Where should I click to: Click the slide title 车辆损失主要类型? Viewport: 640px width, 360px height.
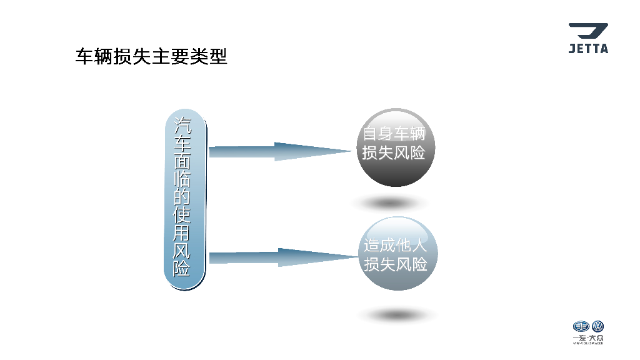pos(151,57)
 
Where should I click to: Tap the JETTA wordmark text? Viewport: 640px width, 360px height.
pos(587,49)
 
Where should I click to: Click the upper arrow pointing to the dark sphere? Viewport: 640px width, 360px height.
pos(279,151)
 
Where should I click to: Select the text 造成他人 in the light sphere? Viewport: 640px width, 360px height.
pos(396,246)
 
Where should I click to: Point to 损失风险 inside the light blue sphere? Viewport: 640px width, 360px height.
pos(396,264)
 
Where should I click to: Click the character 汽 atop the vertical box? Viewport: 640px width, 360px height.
pos(182,125)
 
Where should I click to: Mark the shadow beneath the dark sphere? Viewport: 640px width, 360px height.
pos(391,203)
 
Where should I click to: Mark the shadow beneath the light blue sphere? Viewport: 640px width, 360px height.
pos(397,314)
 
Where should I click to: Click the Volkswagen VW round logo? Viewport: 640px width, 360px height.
pos(597,327)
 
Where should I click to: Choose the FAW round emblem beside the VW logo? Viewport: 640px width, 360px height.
pos(581,327)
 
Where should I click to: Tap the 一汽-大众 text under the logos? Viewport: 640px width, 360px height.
pos(588,338)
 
